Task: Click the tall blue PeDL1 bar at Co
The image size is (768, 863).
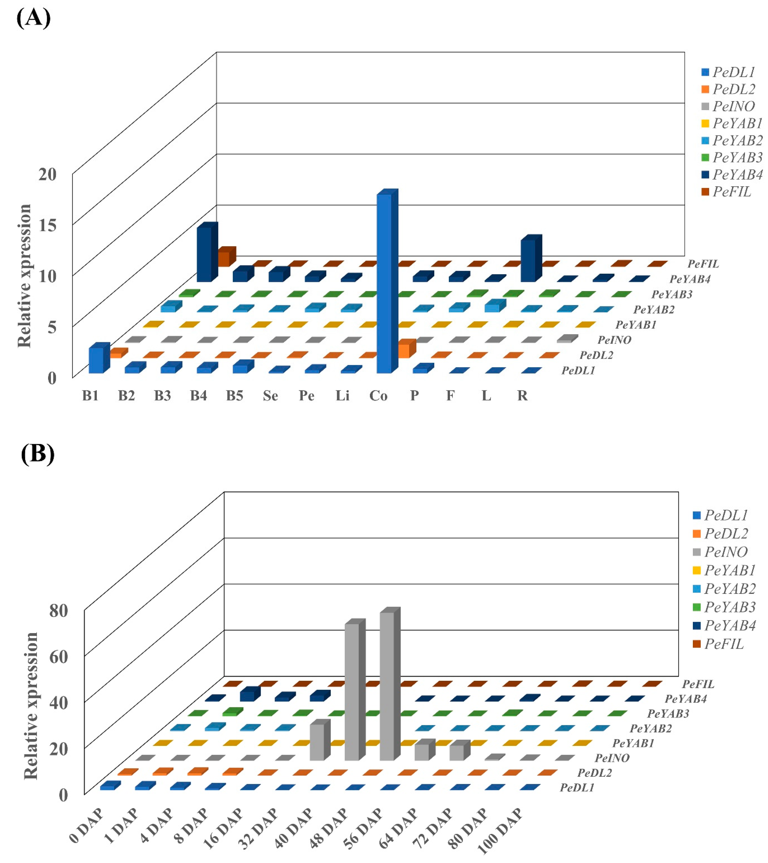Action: tap(384, 283)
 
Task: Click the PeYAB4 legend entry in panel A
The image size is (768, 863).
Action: tap(732, 174)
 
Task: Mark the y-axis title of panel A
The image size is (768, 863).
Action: tap(24, 276)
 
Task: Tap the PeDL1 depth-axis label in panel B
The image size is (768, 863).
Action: tap(577, 787)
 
